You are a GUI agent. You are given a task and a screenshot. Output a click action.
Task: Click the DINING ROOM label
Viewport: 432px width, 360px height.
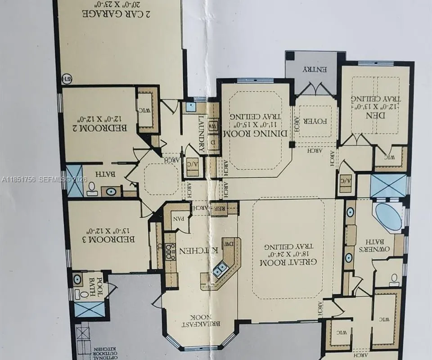tap(256, 134)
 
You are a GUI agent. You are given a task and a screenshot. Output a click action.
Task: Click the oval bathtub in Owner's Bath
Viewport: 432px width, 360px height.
tap(388, 217)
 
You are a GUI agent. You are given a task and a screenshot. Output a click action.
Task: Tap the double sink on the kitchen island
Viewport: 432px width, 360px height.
tap(220, 270)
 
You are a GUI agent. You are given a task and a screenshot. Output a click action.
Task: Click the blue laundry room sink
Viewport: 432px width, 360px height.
tap(191, 107)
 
